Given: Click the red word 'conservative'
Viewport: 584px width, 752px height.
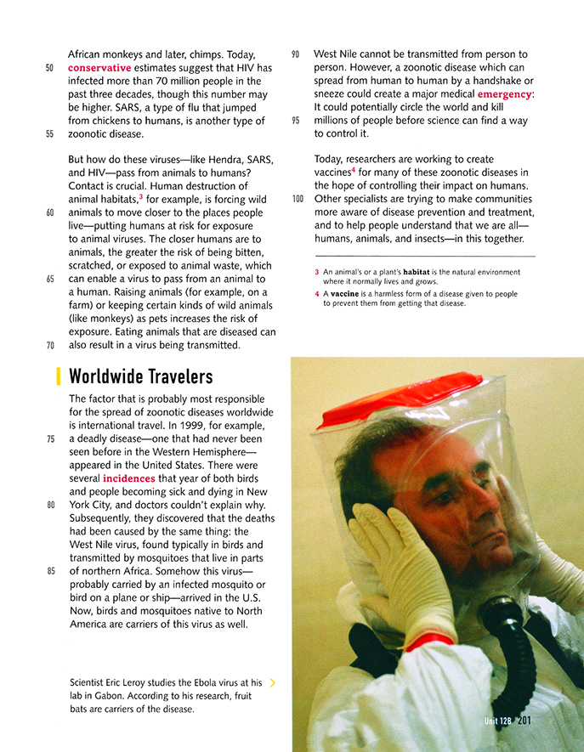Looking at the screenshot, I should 99,68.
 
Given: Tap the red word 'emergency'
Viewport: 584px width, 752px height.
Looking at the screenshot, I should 504,94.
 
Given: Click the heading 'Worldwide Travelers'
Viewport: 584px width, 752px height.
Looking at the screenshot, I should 140,376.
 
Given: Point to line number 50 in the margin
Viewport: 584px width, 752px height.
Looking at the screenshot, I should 50,68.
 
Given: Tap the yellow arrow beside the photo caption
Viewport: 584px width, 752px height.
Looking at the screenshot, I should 272,682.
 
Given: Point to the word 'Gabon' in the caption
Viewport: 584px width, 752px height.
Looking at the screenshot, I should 113,696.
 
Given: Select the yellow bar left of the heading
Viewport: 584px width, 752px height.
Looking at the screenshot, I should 58,376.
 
